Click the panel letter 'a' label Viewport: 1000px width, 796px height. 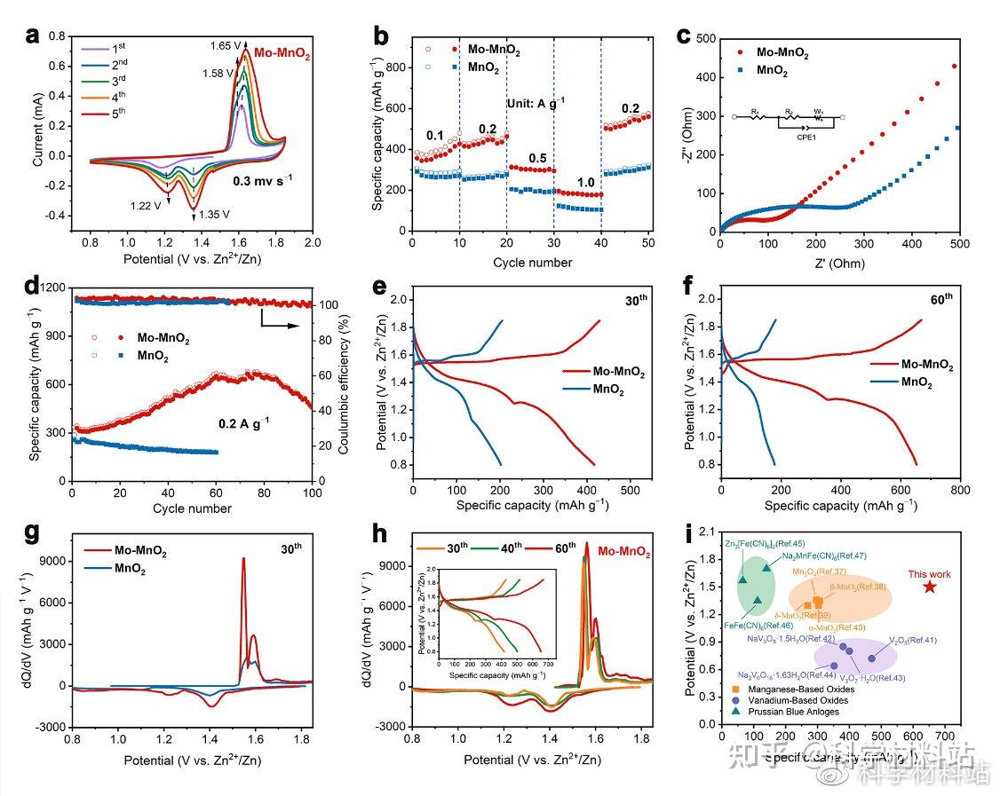[x=34, y=36]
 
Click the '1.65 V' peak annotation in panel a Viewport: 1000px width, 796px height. [x=226, y=44]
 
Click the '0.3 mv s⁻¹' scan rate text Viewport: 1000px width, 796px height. [x=262, y=179]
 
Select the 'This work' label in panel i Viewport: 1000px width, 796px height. [x=929, y=573]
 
